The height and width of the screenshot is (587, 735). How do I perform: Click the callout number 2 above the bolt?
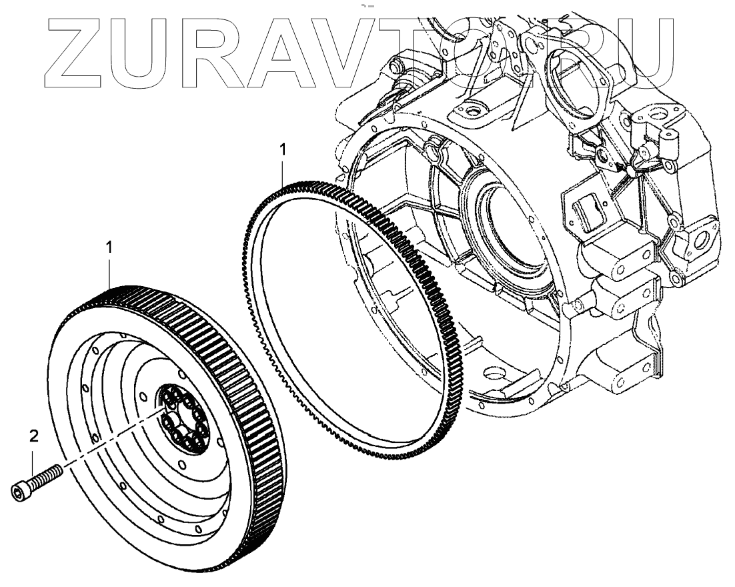tap(34, 438)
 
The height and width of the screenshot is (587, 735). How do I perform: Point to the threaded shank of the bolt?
tap(47, 478)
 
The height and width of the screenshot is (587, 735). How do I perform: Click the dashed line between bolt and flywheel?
tap(107, 448)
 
